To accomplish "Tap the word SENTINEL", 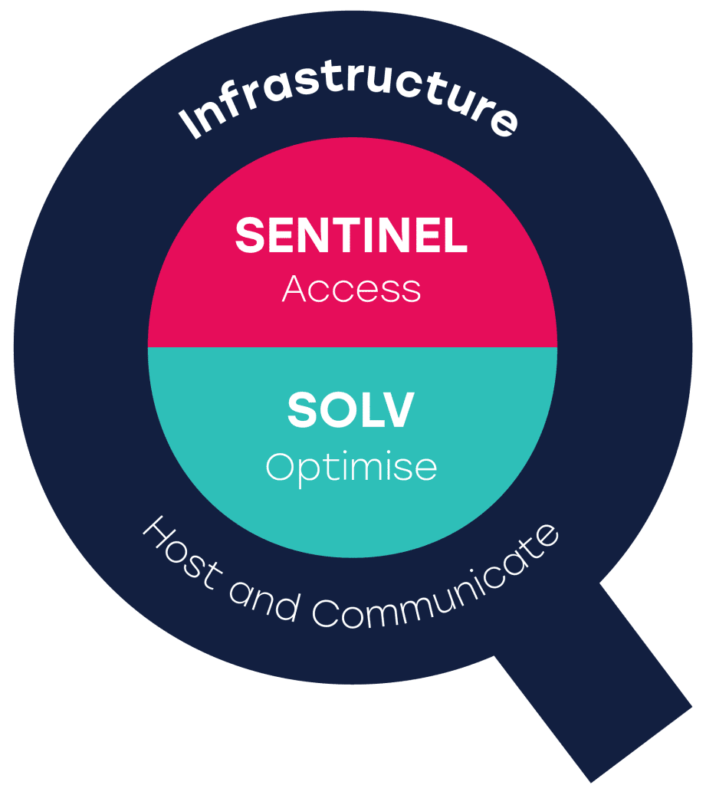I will tap(351, 235).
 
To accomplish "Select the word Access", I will tap(351, 289).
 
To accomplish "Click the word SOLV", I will tap(350, 411).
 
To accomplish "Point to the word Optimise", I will tap(351, 467).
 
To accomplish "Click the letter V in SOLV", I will tap(397, 411).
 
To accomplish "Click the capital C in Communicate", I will tap(327, 613).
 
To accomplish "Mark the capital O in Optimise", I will tap(281, 466).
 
